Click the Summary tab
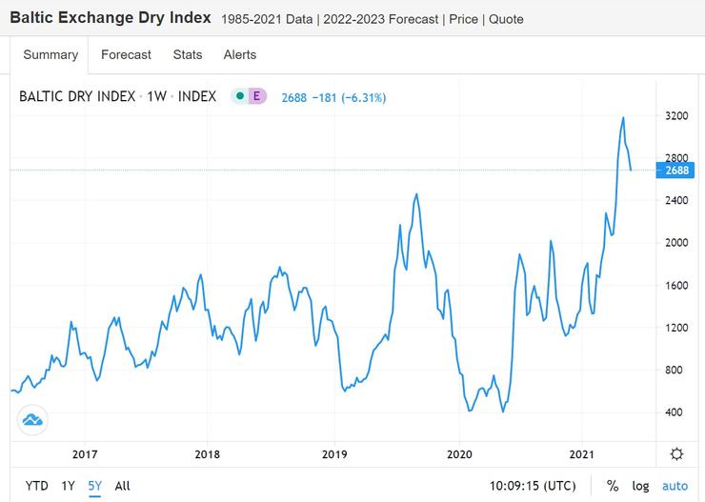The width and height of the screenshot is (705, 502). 50,54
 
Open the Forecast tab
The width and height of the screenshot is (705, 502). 126,54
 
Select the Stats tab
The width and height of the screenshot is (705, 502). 188,54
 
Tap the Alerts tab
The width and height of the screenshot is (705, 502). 240,54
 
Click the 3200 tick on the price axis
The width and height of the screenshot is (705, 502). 676,116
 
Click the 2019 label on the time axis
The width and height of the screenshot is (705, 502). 333,454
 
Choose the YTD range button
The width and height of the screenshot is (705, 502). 37,486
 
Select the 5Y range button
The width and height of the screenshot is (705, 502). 95,486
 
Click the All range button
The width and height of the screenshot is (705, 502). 122,486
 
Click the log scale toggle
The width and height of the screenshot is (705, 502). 640,486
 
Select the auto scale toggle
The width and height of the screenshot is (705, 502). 675,486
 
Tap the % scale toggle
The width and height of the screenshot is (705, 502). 612,486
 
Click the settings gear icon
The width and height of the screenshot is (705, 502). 676,453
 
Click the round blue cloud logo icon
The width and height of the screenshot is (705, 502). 32,420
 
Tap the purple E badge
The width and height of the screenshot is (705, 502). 255,96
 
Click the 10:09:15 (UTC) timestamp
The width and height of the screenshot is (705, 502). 534,486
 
